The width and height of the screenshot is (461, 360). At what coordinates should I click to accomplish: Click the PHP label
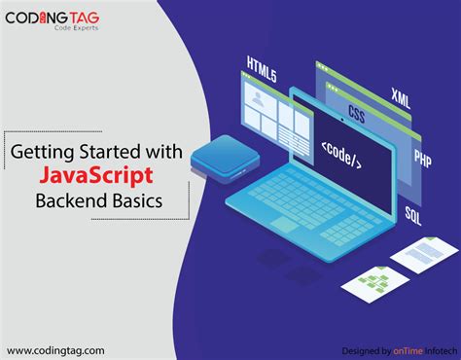tap(421, 158)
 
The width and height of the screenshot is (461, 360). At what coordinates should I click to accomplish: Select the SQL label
tap(412, 211)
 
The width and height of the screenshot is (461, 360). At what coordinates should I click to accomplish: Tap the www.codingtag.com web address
tap(56, 349)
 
